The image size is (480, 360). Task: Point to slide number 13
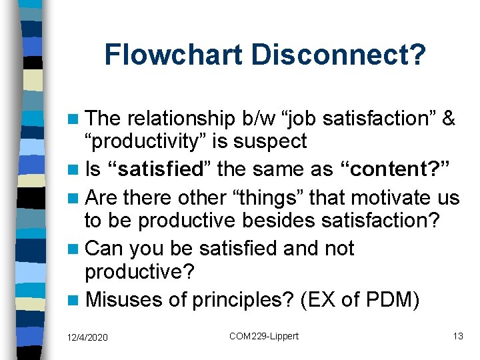pos(457,336)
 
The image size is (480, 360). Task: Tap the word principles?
pos(243,300)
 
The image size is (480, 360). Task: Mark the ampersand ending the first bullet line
pos(449,119)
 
